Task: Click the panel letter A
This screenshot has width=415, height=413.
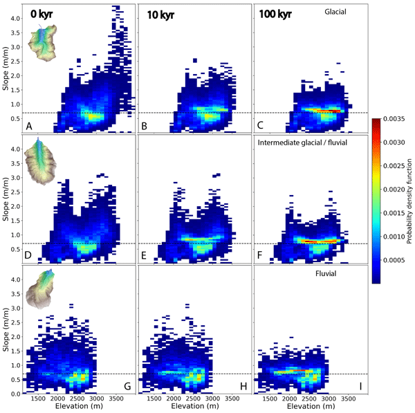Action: (29, 127)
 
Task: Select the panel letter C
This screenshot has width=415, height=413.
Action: (261, 127)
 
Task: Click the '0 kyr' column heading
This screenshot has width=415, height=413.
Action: (43, 13)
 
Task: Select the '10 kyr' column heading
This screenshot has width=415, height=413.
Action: (161, 13)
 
